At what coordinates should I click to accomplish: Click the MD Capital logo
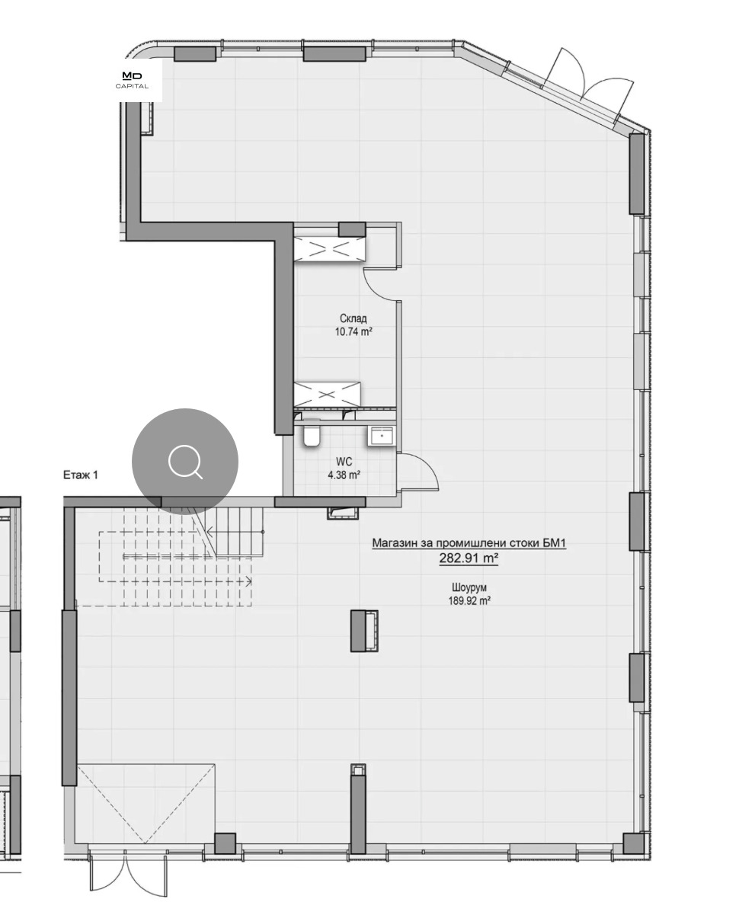click(132, 80)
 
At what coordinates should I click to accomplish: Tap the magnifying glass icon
click(185, 462)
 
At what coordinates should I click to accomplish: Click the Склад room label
click(353, 318)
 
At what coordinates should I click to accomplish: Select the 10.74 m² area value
click(353, 331)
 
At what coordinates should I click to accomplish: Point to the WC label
click(344, 462)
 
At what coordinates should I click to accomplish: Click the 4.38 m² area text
click(344, 475)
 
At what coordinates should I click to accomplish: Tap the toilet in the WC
click(311, 436)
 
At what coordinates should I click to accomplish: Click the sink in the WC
click(381, 436)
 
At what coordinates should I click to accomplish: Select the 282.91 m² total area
click(469, 558)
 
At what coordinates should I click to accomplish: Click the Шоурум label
click(469, 587)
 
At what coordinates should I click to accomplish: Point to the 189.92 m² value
click(469, 601)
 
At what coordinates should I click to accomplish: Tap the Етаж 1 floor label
click(81, 475)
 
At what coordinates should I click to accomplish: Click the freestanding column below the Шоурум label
click(364, 631)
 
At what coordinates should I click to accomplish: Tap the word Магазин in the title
click(392, 543)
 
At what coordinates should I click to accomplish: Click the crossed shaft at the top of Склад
click(329, 248)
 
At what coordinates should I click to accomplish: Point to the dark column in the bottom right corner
click(633, 843)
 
